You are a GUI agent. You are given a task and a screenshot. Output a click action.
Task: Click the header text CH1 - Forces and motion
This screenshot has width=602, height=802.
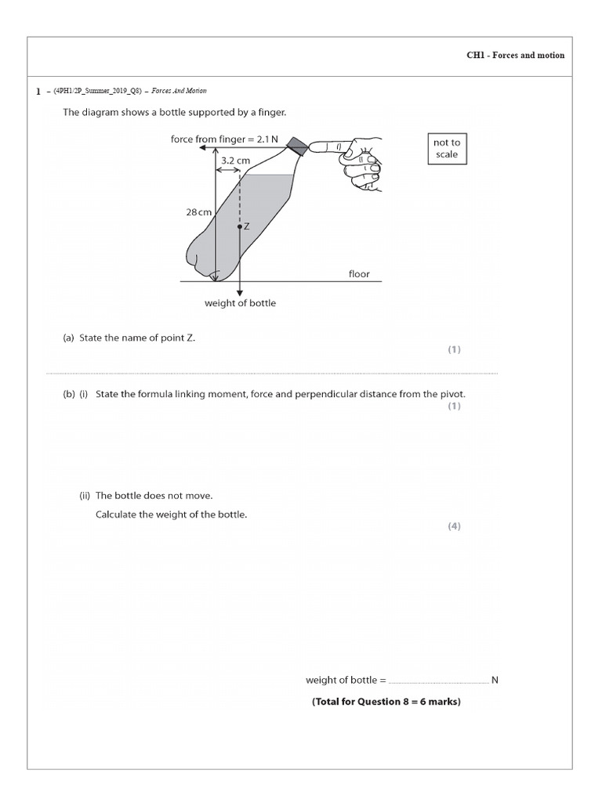point(515,56)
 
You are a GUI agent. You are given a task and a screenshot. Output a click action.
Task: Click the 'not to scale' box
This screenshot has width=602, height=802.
point(447,149)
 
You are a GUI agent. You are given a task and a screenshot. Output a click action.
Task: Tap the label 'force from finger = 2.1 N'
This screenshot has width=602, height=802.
point(224,139)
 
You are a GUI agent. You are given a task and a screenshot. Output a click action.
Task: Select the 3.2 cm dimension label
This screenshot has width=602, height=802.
point(235,161)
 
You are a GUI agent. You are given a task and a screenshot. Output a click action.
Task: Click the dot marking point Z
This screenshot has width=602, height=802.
point(239,226)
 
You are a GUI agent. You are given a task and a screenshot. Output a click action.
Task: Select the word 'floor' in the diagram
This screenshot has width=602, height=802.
point(359,274)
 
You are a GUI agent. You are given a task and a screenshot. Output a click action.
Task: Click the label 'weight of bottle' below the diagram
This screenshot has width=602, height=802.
point(240,303)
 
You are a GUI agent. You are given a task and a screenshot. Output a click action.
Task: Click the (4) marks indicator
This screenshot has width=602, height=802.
point(454,526)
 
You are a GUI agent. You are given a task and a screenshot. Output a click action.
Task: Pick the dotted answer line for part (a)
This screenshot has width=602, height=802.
point(271,373)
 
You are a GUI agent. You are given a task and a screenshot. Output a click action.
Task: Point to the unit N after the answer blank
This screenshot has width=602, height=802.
point(495,680)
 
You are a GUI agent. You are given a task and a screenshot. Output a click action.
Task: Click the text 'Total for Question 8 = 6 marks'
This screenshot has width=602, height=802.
point(386,702)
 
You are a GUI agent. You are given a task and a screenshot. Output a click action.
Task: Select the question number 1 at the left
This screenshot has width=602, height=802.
point(38,92)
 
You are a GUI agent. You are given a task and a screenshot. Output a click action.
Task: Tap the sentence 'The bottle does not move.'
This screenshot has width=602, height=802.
point(154,496)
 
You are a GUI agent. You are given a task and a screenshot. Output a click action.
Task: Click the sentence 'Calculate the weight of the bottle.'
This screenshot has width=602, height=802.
point(171,515)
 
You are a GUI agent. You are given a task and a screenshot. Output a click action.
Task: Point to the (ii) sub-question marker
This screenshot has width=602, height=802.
point(85,496)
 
